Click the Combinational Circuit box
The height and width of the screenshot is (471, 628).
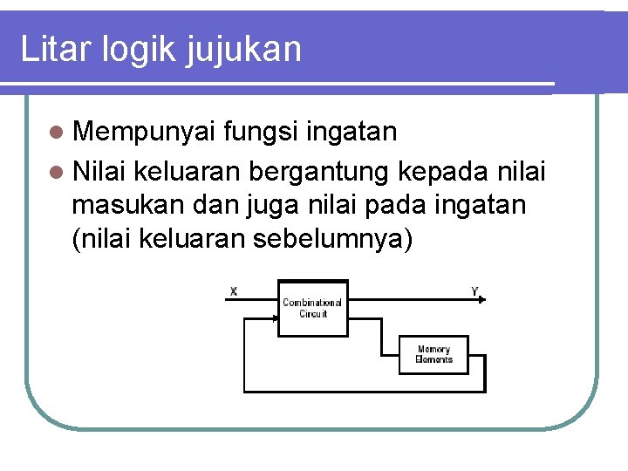[x=312, y=308]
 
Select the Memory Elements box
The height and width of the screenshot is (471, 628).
[x=433, y=354]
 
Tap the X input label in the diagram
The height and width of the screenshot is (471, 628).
[x=234, y=290]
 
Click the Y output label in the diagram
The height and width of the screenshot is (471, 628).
[x=475, y=290]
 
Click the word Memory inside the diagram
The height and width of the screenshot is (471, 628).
[x=433, y=349]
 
